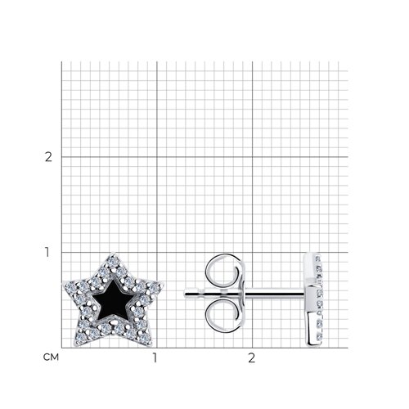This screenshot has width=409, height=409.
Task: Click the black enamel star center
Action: pyautogui.click(x=113, y=303)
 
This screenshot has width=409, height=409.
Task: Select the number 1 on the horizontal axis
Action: pyautogui.click(x=155, y=357)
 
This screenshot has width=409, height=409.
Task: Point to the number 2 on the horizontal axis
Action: pyautogui.click(x=251, y=357)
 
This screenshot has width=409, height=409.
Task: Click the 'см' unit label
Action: pyautogui.click(x=48, y=357)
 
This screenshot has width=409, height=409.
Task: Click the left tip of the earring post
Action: pyautogui.click(x=187, y=291)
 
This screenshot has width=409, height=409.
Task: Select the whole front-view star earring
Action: pyautogui.click(x=113, y=299)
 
